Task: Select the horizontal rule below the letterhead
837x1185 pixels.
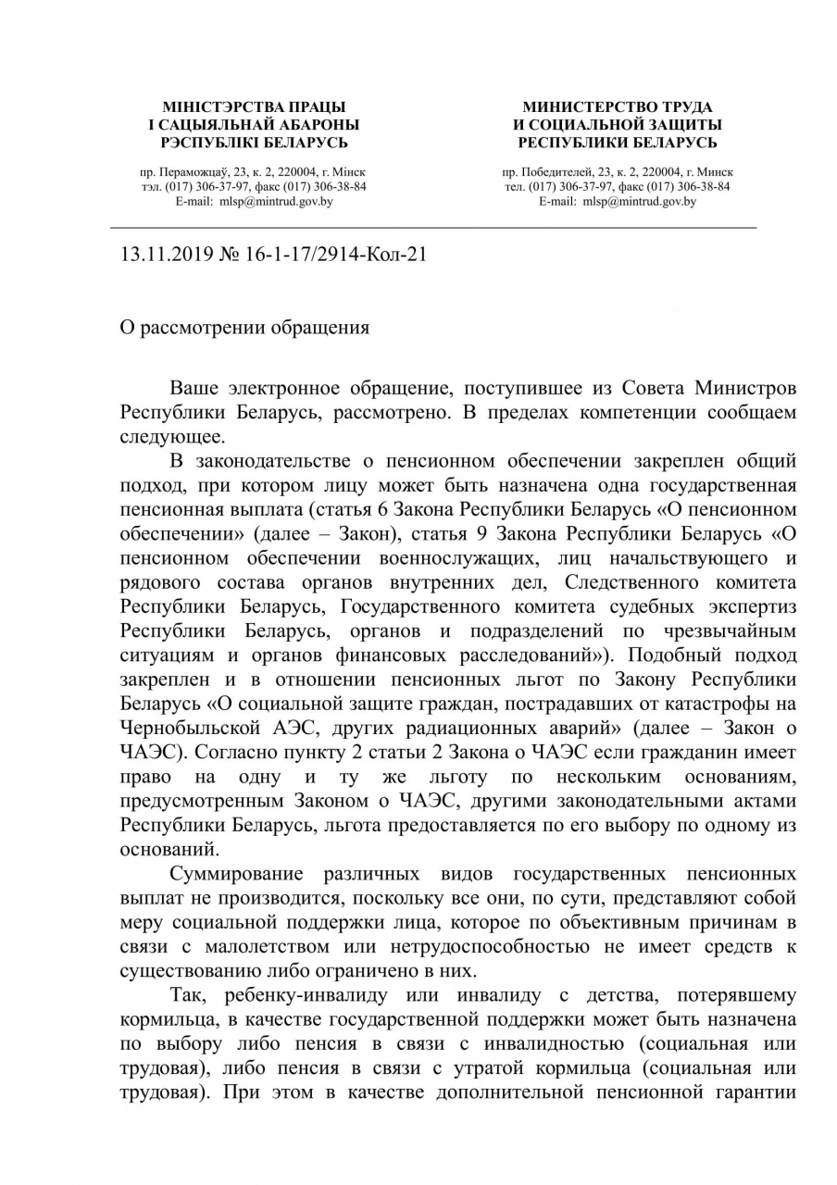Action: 433,227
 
